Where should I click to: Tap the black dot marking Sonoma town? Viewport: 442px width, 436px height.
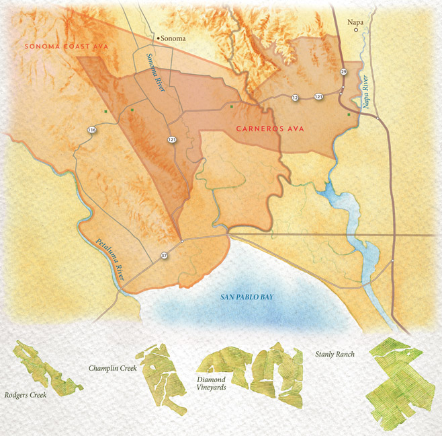click(157, 38)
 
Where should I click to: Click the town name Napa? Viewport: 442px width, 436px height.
click(355, 22)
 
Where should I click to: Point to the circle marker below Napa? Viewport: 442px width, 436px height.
click(356, 30)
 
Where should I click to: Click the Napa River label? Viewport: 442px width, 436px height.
click(366, 93)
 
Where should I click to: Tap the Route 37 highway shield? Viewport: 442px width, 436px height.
click(164, 256)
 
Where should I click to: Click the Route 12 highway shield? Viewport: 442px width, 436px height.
click(294, 98)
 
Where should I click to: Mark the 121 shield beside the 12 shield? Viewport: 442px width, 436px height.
click(318, 98)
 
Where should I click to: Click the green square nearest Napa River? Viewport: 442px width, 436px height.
click(349, 115)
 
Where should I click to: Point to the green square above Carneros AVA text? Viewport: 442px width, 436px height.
click(231, 106)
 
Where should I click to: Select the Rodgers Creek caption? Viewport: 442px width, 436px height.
click(25, 395)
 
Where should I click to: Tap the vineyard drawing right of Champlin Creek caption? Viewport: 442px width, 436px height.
click(164, 377)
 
